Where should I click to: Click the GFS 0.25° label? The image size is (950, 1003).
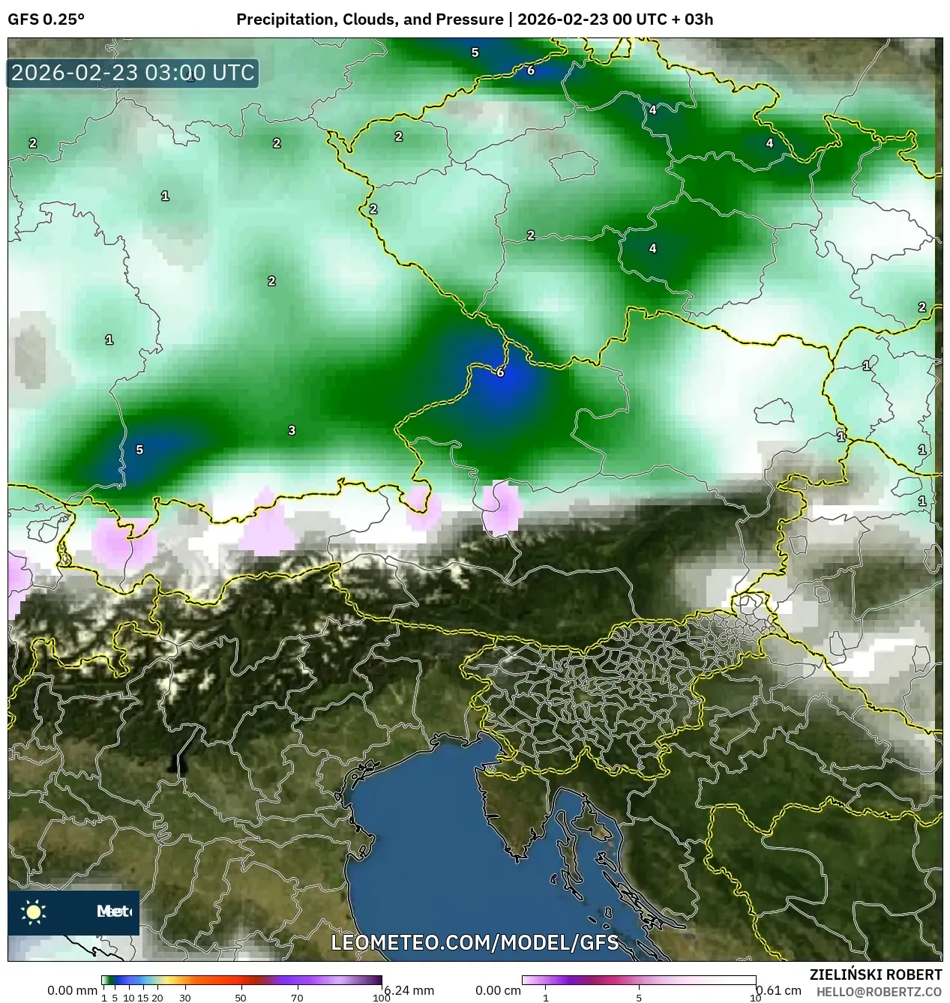[x=46, y=19]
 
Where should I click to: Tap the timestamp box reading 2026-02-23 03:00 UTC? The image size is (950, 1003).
[x=133, y=73]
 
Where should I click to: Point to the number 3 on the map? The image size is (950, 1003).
[x=292, y=430]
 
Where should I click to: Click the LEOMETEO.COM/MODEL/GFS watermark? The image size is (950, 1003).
[x=475, y=942]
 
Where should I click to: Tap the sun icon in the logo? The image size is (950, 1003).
[x=33, y=912]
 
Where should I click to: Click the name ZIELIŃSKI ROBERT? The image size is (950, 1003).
[x=875, y=975]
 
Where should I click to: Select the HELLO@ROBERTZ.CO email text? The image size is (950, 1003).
[x=879, y=992]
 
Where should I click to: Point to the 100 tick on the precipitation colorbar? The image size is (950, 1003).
[x=382, y=997]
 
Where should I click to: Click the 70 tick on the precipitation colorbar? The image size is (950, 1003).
[x=297, y=997]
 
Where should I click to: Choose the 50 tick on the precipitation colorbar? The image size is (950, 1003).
[x=241, y=997]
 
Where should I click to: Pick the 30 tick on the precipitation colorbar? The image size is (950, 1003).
[x=184, y=997]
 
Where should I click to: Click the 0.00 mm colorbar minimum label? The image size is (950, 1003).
[x=72, y=990]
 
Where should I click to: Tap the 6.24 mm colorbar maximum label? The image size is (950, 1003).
[x=409, y=990]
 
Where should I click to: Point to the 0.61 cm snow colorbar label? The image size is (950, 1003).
[x=779, y=990]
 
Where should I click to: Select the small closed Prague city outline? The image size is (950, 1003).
[x=574, y=165]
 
